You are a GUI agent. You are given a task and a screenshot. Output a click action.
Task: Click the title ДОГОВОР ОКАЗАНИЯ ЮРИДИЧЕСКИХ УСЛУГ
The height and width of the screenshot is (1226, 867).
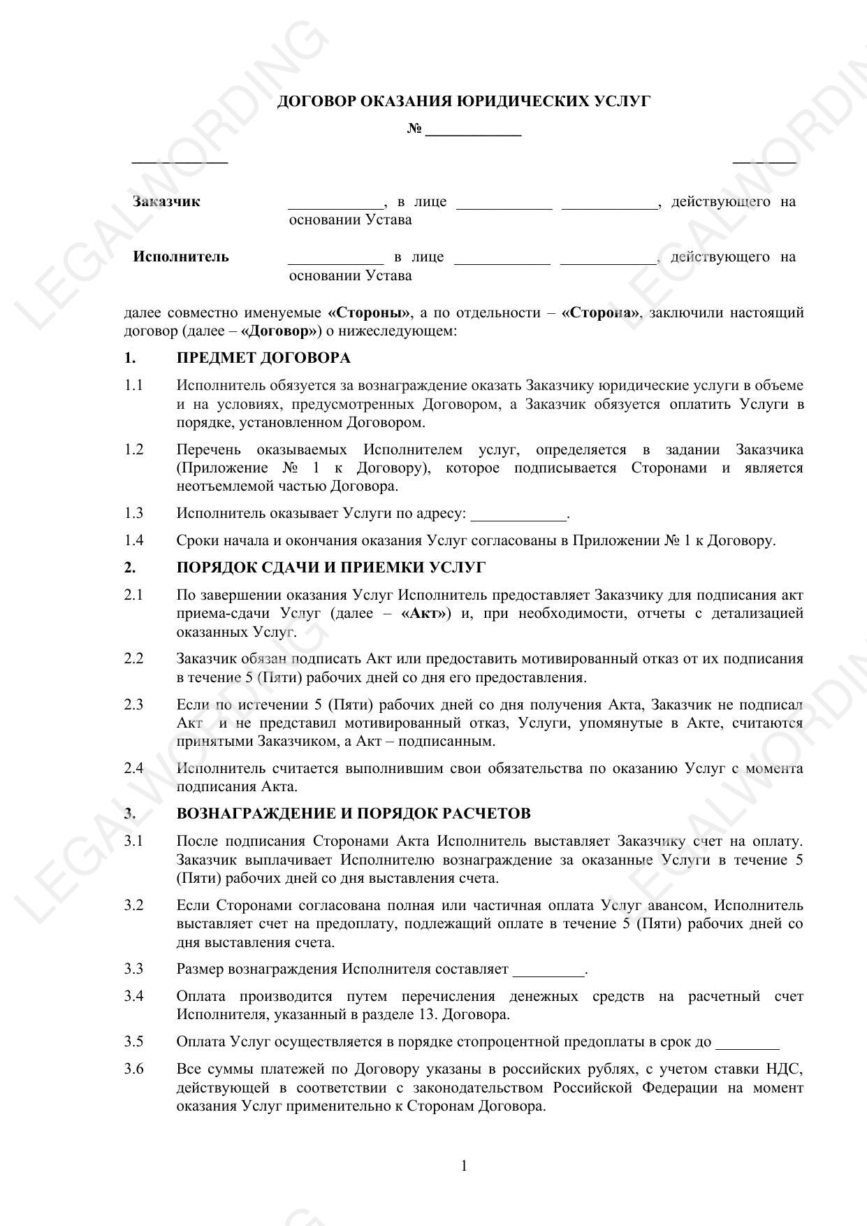tap(463, 101)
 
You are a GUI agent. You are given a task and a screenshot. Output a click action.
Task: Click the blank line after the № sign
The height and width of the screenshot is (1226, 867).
tap(473, 131)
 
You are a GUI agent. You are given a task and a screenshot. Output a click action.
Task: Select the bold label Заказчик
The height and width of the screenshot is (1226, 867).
tap(166, 202)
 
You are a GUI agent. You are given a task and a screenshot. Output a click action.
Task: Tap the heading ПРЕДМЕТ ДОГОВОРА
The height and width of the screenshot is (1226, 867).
tap(263, 359)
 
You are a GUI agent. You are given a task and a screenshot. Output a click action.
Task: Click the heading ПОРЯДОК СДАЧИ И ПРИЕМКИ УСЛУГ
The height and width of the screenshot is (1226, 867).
tap(331, 568)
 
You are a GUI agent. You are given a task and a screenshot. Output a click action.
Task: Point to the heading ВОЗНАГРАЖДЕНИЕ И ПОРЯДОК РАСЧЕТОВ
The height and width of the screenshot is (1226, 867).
tap(354, 814)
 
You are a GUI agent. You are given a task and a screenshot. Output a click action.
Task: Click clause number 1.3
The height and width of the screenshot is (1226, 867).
tap(133, 514)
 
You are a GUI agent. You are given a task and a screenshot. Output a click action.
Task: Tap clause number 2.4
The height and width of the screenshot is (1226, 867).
tap(133, 768)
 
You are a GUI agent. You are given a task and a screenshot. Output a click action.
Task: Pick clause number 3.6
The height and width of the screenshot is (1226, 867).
tap(133, 1069)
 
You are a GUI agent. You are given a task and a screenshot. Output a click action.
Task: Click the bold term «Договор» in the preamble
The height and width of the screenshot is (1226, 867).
tap(281, 331)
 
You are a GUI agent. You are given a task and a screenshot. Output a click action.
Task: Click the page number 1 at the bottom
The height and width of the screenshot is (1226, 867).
tap(465, 1165)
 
